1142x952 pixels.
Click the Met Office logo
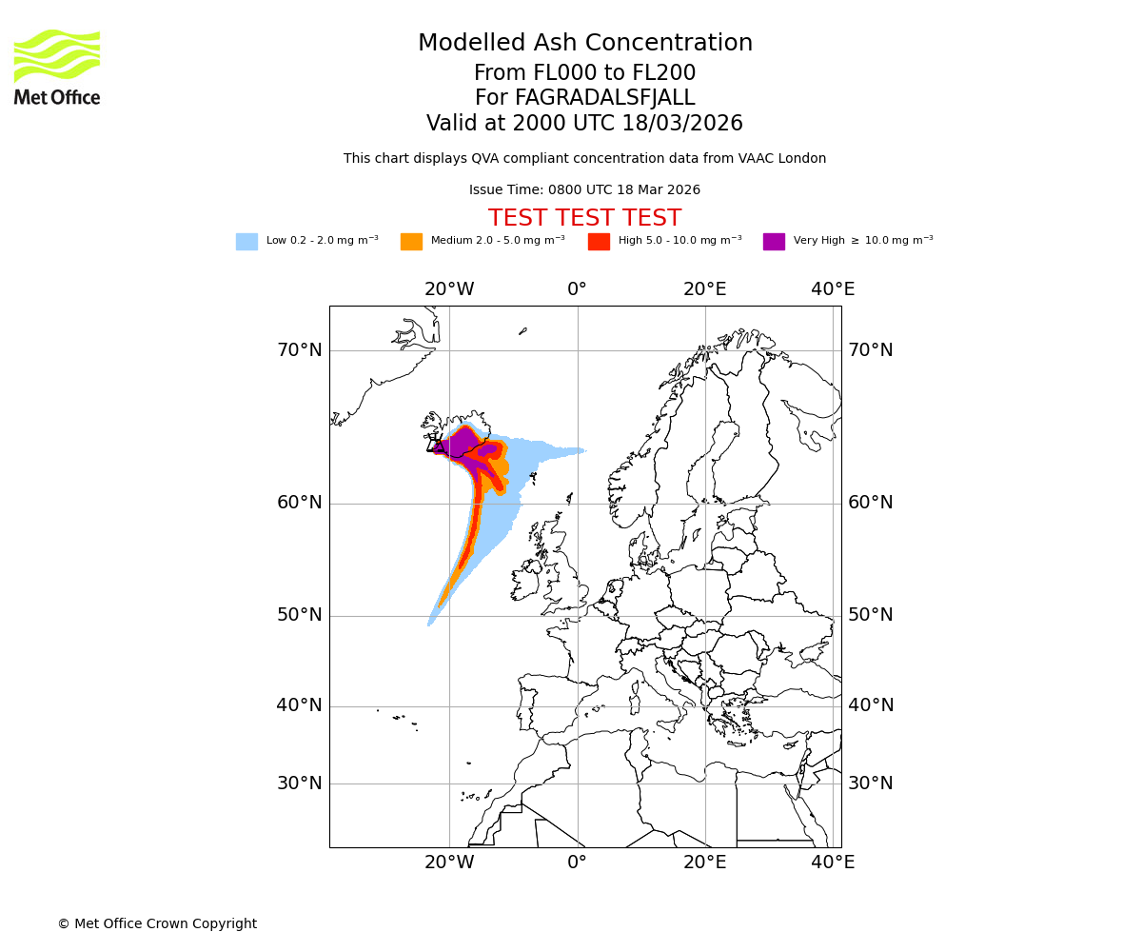(x=57, y=67)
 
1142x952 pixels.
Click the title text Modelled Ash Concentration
(x=584, y=43)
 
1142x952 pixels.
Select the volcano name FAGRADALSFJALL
(x=584, y=98)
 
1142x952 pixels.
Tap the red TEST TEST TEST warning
(x=584, y=218)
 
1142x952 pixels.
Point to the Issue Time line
(x=584, y=189)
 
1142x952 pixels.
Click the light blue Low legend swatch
(x=246, y=241)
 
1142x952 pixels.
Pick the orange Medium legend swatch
(x=411, y=241)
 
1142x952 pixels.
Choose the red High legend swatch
(x=599, y=241)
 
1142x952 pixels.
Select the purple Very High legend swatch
(x=774, y=241)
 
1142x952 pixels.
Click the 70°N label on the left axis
(x=299, y=350)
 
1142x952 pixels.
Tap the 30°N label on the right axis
(x=871, y=783)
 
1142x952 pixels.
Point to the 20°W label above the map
(x=449, y=289)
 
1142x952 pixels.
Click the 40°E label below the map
(x=833, y=863)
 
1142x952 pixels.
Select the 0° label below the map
(x=578, y=863)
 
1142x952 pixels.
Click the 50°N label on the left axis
(x=299, y=615)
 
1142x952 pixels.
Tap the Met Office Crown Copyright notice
(x=157, y=923)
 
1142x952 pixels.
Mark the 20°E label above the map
(x=705, y=289)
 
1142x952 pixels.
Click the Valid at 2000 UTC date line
(x=584, y=124)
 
